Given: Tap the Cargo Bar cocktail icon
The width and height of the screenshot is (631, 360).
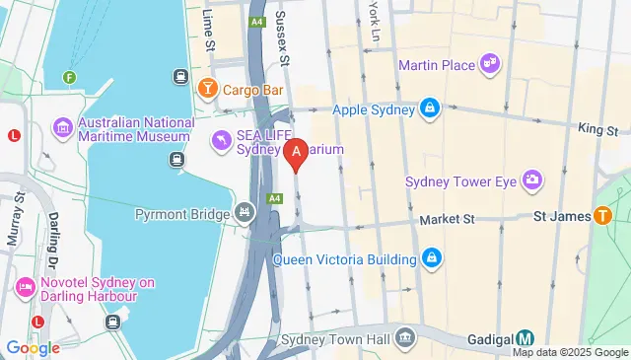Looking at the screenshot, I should (x=208, y=90).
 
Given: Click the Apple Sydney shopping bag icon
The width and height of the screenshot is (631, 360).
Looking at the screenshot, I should (x=431, y=108).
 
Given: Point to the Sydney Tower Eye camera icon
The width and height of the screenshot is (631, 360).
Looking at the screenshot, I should (x=532, y=180).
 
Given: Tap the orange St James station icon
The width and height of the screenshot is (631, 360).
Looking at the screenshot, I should (x=602, y=215).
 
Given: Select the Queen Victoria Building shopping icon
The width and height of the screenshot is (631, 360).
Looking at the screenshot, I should (x=431, y=259).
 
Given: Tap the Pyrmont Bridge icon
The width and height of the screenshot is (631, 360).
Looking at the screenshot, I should (x=245, y=213).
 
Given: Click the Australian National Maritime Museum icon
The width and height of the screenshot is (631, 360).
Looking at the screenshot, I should (x=62, y=127).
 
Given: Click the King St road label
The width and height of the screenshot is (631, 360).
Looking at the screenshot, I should (x=597, y=129).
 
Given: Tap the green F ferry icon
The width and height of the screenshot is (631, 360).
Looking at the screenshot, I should (x=69, y=77).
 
